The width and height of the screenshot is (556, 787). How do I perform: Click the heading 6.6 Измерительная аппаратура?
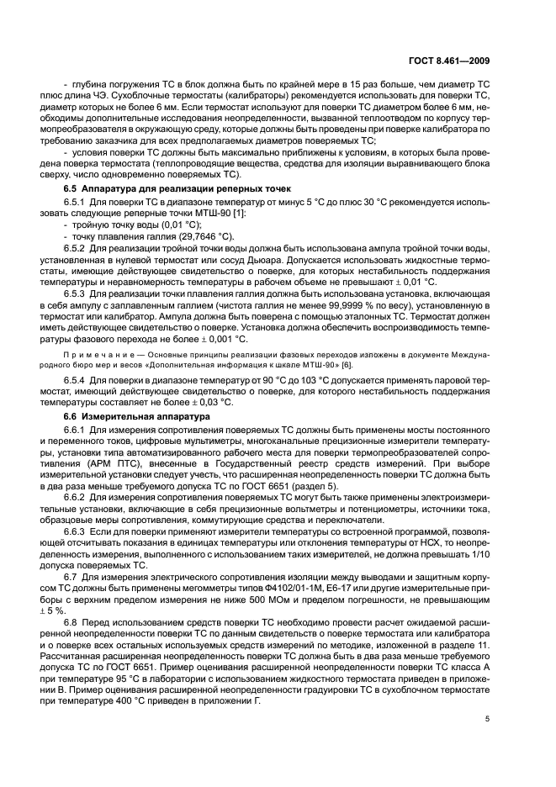(x=130, y=416)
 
